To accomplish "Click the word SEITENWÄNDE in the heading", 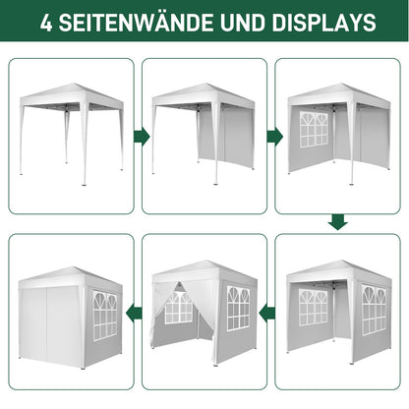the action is point(136,22).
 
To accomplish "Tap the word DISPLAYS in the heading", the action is point(323,23).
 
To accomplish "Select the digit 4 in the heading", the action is point(46,23).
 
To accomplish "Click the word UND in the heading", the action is point(243,23).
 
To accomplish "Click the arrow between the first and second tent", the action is point(142,137).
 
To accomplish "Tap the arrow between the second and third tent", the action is point(274,137).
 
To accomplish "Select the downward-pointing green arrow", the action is point(337,222).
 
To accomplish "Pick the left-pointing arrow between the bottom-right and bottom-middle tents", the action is point(267,314).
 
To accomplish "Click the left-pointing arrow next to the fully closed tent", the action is point(134,311).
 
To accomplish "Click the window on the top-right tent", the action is point(314,129).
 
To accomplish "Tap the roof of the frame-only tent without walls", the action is point(72,94).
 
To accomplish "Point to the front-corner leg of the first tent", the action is point(85,145).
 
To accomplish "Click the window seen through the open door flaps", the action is point(179,308).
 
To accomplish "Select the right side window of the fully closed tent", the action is point(105,315).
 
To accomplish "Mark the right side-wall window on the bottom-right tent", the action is point(374,310).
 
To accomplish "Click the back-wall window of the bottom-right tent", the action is point(313,307).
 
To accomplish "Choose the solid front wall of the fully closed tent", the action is point(50,322).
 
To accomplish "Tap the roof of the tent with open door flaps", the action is point(204,271).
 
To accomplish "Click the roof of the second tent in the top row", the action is point(204,94).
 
